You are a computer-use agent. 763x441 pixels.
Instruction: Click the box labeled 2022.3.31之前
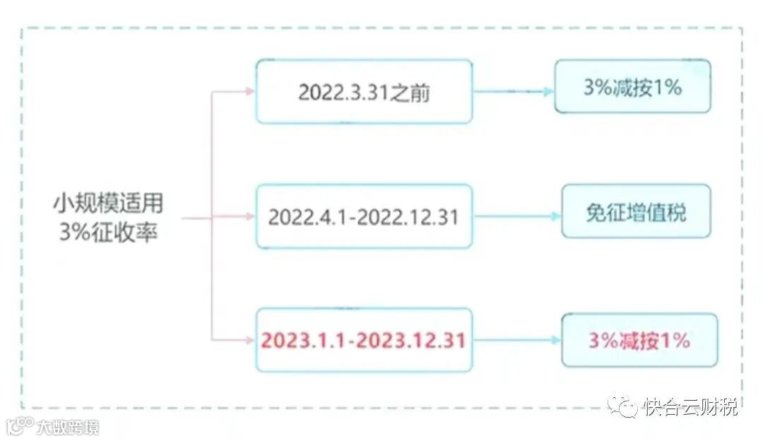point(364,92)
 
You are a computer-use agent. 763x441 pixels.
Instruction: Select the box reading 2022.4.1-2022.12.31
point(364,216)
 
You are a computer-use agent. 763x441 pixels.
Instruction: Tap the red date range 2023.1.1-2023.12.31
point(364,340)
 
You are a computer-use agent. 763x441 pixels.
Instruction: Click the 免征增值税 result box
point(636,212)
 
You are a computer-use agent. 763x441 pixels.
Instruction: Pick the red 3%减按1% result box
point(639,340)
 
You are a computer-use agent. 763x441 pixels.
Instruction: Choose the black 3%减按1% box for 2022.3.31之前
point(632,87)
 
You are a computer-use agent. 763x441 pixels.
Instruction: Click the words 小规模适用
point(108,204)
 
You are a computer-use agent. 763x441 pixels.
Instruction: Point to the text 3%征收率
point(108,231)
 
